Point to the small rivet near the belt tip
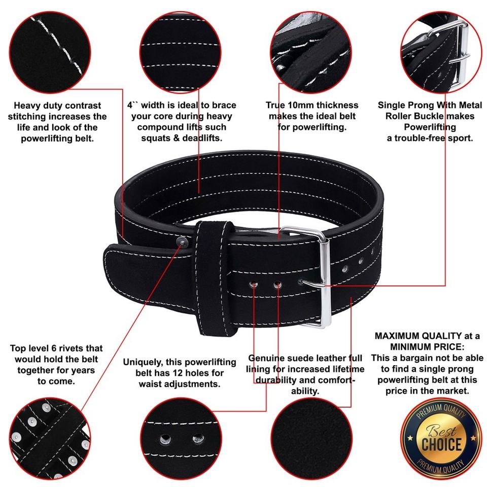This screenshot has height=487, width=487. [x=180, y=243]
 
